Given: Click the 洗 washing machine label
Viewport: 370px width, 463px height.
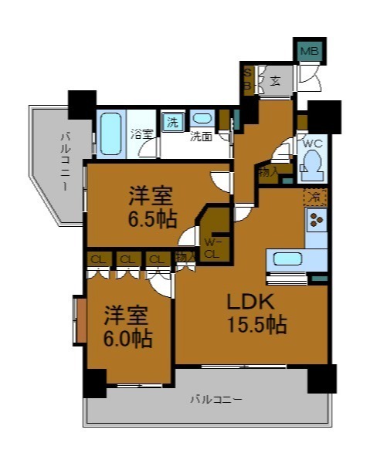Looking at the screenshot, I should pos(172,121).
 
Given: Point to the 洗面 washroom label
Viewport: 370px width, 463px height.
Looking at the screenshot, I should pos(202,137).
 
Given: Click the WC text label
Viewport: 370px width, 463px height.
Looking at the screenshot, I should pos(312,144).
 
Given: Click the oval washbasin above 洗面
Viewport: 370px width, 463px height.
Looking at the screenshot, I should pos(203,120).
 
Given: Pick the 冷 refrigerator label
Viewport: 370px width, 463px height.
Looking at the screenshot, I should pos(314,196).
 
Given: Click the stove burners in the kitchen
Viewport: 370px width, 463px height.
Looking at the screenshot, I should pos(316,221).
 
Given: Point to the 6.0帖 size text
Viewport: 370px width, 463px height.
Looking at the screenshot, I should pos(127,337).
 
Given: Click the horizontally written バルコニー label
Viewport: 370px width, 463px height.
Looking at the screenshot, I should pos(217,400).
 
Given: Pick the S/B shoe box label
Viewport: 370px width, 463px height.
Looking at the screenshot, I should pos(248,79).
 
